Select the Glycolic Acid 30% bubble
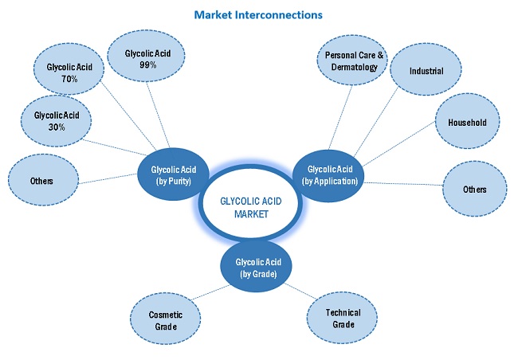(x=55, y=121)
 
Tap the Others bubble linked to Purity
(x=41, y=181)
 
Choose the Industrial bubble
(x=426, y=72)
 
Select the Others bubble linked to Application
(x=474, y=190)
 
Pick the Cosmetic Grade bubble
(x=166, y=320)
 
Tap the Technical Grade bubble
(x=343, y=318)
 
